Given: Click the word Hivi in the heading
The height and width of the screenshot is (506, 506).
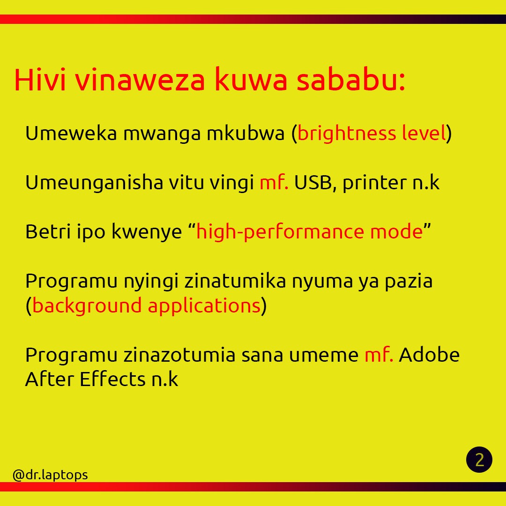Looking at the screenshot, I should [x=40, y=80].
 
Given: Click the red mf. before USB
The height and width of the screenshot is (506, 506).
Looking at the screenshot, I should [x=274, y=183].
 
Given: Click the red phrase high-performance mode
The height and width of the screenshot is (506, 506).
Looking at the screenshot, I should [x=309, y=232].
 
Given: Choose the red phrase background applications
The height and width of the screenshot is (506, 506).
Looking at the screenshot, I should [x=146, y=306].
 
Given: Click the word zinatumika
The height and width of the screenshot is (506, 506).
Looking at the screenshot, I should [x=229, y=281].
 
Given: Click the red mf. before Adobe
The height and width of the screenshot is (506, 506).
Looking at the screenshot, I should [x=379, y=355].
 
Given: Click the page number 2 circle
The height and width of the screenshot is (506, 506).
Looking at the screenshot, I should [x=479, y=460].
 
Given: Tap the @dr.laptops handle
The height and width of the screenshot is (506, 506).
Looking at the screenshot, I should [x=50, y=475].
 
